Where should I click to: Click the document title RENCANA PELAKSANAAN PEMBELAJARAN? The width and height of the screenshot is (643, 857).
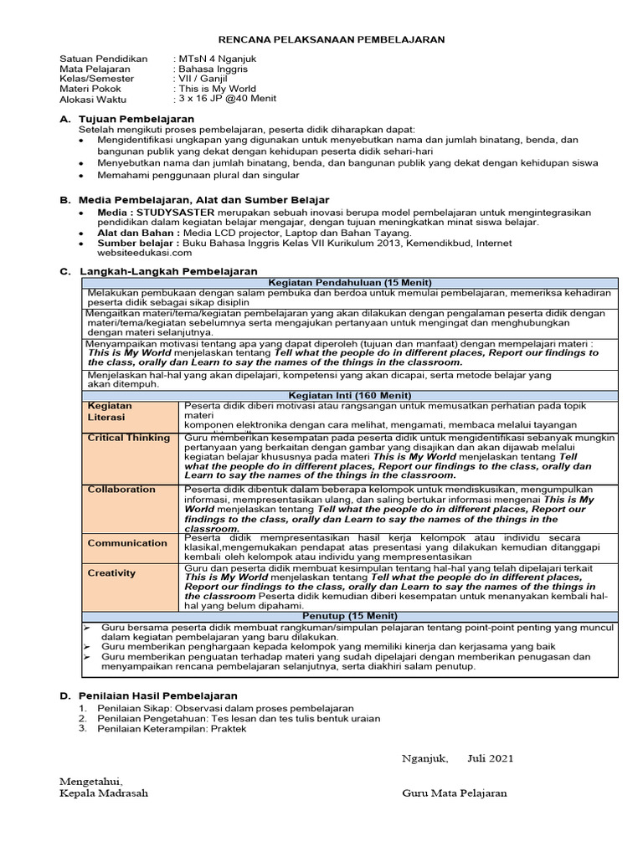[332, 39]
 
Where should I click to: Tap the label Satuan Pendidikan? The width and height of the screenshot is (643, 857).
[103, 59]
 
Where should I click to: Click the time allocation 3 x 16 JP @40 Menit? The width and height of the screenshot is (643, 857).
[224, 99]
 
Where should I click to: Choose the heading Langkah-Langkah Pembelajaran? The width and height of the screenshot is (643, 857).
[168, 272]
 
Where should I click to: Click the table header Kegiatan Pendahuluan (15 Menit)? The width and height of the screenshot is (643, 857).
[350, 282]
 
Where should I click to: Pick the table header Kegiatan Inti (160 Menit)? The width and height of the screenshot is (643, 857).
[350, 394]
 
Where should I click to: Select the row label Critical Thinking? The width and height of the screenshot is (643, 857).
[128, 438]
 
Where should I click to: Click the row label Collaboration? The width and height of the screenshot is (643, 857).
[121, 490]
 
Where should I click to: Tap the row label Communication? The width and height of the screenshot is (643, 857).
[127, 542]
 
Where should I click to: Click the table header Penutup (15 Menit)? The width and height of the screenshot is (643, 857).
[350, 616]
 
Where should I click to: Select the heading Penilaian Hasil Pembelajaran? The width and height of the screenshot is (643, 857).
[157, 695]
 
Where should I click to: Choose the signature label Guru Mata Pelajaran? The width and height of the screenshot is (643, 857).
[454, 793]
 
